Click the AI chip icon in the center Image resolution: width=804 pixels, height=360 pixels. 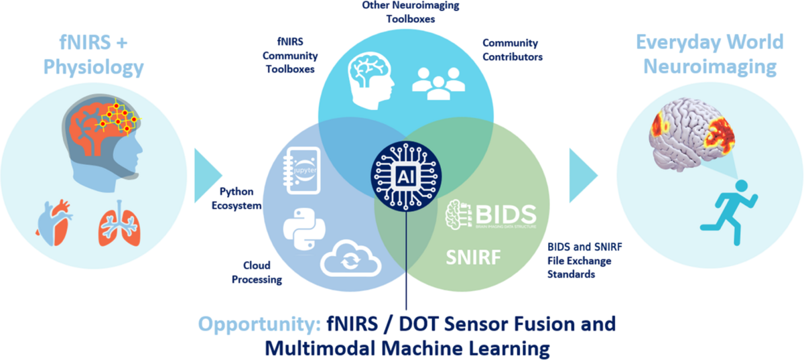pos(406,176)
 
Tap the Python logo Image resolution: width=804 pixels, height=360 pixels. pos(304,229)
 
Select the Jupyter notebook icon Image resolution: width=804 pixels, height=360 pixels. pos(302,171)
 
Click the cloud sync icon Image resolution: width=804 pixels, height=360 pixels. pos(350,258)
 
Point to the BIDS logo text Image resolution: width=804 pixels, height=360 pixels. pos(491,215)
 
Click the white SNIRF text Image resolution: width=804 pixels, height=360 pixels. pos(473,257)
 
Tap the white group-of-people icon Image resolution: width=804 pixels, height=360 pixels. pos(439,83)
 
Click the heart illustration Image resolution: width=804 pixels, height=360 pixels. pos(54,223)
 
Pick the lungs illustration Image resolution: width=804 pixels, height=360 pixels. pos(119,223)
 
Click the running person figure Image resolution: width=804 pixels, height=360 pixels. pos(729,213)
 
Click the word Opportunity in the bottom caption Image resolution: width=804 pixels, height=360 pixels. pos(259,324)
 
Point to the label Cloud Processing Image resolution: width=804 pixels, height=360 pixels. pos(257,272)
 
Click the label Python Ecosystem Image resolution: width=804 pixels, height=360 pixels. pos(237,198)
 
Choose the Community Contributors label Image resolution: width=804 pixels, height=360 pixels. pos(512,50)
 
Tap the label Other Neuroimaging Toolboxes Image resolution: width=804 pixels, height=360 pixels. pos(411,12)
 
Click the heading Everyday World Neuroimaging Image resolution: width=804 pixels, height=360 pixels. pos(710,54)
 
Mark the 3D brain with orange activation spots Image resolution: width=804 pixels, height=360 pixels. pos(691,134)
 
